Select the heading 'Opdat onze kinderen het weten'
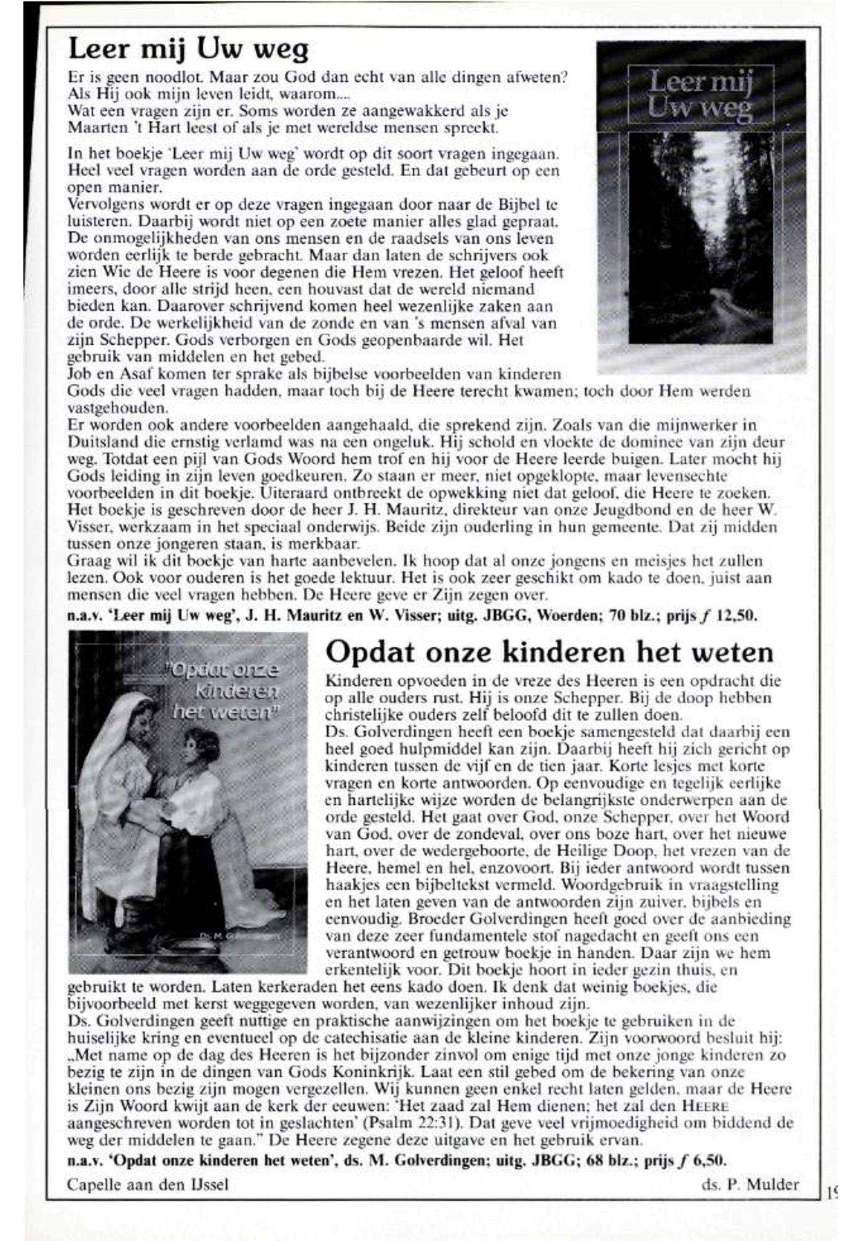click(x=549, y=653)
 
